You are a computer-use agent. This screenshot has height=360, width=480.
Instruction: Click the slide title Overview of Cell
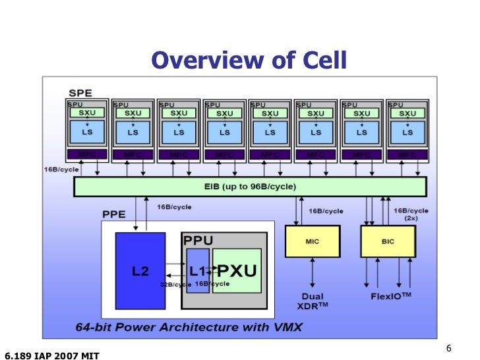coord(249,61)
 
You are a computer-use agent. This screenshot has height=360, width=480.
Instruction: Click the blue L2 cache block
coord(140,271)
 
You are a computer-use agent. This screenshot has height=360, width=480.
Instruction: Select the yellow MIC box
coord(312,241)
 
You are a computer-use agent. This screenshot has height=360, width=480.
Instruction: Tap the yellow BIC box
coord(388,241)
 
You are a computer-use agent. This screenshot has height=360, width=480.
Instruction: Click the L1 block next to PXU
coord(197,271)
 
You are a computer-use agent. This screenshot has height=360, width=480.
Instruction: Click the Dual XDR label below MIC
coord(313,301)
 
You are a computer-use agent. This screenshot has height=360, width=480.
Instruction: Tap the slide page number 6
coord(449,349)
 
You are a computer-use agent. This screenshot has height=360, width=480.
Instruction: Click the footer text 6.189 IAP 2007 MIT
coord(51,355)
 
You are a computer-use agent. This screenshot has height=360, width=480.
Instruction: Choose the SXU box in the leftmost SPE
coord(88,113)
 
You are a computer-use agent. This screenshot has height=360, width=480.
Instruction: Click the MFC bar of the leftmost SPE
coord(88,155)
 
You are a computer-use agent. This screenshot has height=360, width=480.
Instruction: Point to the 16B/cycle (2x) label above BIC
coord(410,214)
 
